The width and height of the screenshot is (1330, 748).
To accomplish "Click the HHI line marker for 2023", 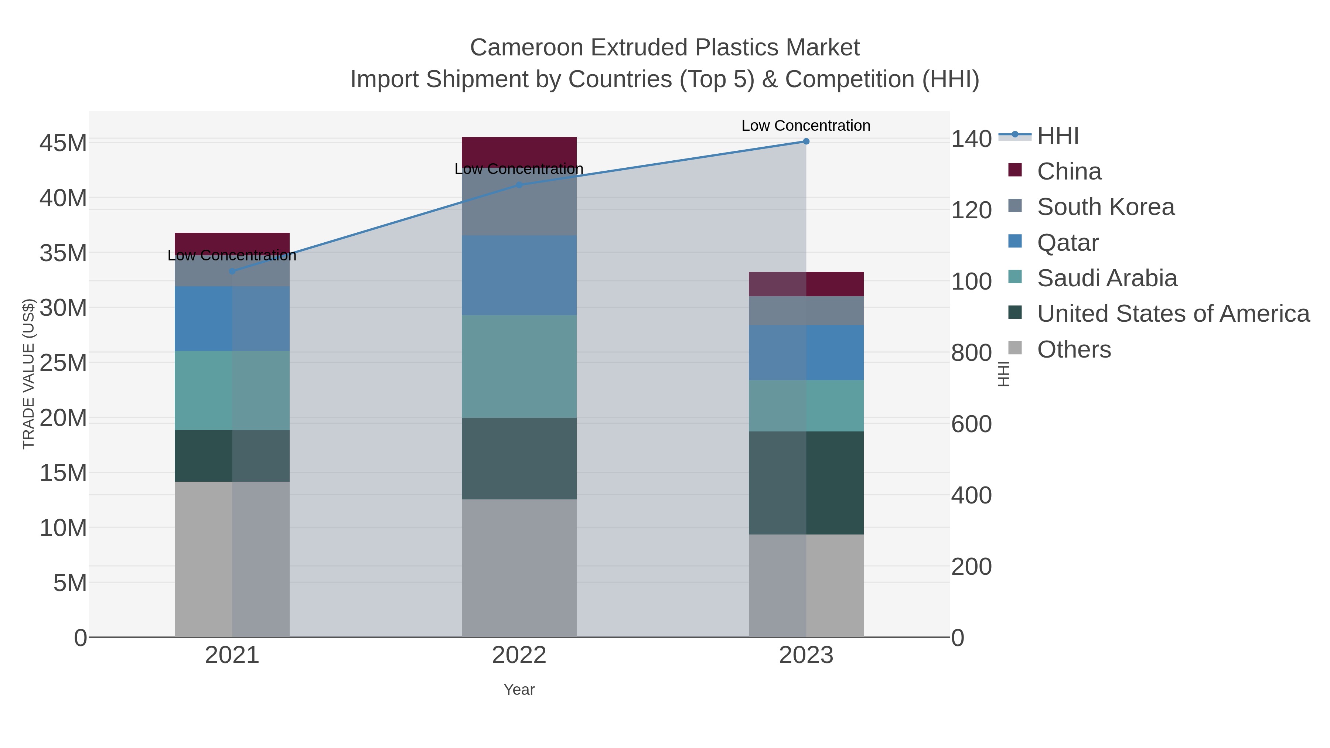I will (x=806, y=141).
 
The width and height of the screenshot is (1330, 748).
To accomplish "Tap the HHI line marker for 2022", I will (x=519, y=185).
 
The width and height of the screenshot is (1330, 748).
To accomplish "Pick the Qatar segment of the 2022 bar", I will (x=519, y=275).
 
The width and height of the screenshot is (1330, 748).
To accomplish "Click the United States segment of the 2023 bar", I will (x=806, y=483).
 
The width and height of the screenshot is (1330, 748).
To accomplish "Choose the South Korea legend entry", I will (x=1105, y=207).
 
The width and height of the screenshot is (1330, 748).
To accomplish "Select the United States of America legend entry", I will (x=1173, y=314).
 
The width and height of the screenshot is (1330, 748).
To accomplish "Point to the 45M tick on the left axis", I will (x=63, y=143).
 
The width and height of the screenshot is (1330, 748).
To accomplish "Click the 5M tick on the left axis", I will (x=70, y=583).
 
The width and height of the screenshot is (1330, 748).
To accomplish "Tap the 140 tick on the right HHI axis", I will (x=971, y=139).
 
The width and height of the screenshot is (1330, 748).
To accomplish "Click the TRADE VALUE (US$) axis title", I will (x=28, y=374).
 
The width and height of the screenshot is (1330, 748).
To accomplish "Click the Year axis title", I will (x=519, y=690).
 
